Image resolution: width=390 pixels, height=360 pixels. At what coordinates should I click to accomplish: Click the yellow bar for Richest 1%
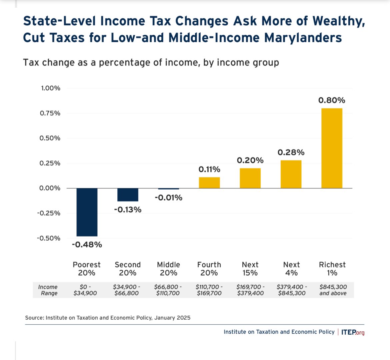point(332,148)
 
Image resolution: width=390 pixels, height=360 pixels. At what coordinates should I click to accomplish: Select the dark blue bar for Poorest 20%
point(87,212)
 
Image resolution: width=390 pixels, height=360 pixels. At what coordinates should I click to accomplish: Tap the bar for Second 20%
point(128,195)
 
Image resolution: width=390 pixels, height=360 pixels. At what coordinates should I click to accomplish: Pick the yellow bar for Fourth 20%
point(209,183)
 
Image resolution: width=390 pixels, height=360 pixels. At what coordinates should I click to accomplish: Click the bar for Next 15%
point(250,178)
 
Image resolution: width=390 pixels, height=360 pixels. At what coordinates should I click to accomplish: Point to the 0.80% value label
point(332,100)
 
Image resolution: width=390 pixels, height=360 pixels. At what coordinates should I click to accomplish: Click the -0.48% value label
point(87,245)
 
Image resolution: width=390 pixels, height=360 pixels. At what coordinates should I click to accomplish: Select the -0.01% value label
point(168,198)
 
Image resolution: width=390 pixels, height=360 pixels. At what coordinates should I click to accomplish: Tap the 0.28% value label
point(291,152)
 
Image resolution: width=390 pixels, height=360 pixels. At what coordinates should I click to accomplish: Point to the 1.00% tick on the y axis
point(50,88)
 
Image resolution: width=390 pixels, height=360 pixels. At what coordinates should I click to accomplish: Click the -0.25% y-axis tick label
point(49,213)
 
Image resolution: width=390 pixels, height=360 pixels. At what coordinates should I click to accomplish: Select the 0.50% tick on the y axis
point(50,138)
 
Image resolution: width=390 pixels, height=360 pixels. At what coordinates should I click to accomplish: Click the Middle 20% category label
point(168,269)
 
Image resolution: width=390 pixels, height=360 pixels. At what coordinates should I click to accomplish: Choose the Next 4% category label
point(291,269)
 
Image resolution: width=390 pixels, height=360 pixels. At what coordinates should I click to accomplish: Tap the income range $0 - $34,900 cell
point(85,290)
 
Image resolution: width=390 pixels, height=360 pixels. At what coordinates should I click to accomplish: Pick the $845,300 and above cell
point(333,290)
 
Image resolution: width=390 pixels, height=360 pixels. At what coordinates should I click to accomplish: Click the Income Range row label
point(48,290)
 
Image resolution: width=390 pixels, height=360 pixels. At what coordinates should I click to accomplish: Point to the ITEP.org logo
point(353,332)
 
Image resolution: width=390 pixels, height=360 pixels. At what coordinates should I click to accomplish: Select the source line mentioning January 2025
point(108,318)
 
